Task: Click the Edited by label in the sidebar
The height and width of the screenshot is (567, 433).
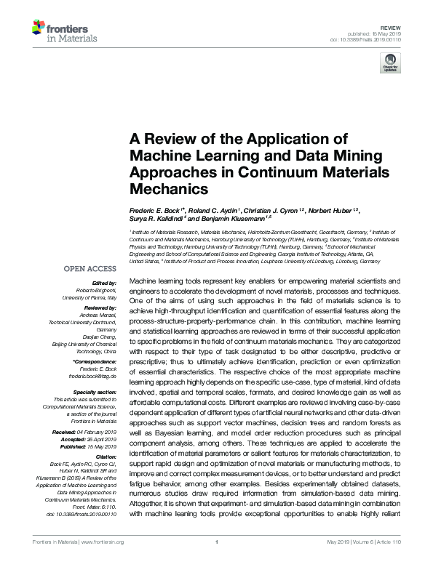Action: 103,283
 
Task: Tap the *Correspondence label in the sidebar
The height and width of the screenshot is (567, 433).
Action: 95,361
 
